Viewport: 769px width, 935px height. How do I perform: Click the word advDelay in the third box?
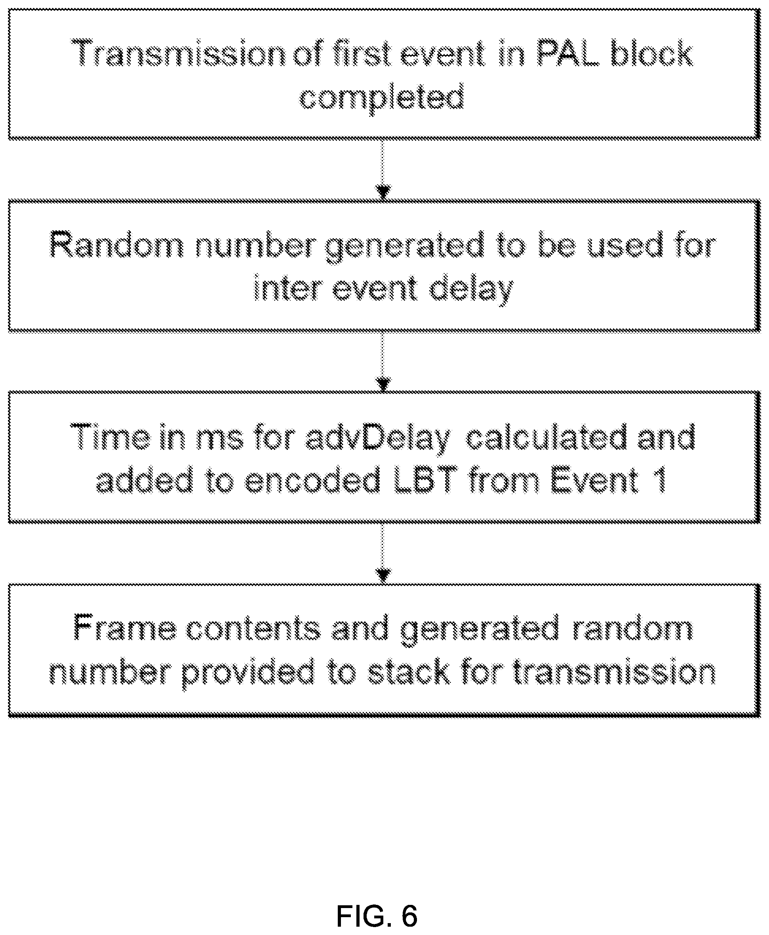pos(378,438)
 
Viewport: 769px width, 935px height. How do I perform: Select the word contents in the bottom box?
pos(253,629)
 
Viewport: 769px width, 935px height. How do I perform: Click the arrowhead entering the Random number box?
pos(383,192)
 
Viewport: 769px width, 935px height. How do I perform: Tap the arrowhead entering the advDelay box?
pos(383,384)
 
